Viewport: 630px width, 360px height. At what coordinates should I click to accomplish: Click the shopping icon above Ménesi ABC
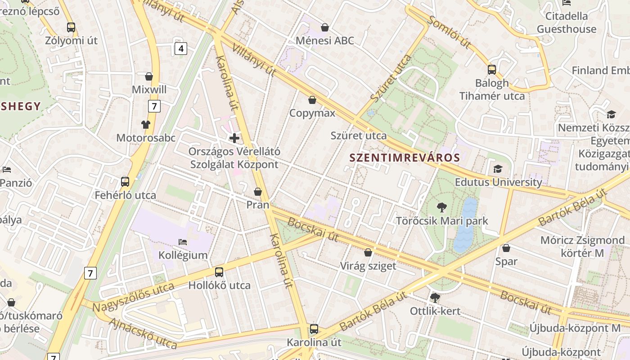pos(325,28)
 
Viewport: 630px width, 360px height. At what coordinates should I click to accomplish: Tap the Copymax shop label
pos(312,112)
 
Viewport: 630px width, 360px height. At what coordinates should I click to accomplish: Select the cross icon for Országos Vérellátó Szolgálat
pos(234,138)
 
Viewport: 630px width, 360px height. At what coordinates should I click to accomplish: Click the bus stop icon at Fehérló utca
pos(125,182)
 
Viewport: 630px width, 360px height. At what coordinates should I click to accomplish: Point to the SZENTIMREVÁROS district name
pos(405,157)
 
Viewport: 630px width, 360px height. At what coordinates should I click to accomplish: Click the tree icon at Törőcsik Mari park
pos(442,207)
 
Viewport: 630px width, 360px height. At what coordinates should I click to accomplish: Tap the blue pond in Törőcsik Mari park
pos(465,225)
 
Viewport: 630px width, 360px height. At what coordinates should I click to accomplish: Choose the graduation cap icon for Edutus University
pos(498,169)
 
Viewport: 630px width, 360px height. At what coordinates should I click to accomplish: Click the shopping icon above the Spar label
pos(506,248)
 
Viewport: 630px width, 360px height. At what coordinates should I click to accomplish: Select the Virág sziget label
pos(368,265)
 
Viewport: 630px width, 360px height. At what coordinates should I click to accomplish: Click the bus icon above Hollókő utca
pos(219,272)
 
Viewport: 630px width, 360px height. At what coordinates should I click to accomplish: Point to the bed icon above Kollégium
pos(183,242)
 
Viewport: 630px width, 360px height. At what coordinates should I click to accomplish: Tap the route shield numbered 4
pos(180,48)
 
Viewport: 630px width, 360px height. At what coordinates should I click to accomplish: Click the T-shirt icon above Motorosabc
pos(146,124)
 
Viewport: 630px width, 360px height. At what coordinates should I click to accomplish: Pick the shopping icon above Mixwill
pos(149,76)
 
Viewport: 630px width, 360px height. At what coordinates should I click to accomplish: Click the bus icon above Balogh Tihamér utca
pos(492,70)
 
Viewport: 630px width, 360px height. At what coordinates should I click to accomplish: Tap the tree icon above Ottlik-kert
pos(435,297)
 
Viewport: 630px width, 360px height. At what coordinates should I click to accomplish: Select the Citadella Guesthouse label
pos(567,22)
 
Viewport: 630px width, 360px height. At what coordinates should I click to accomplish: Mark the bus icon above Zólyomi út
pos(71,27)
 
